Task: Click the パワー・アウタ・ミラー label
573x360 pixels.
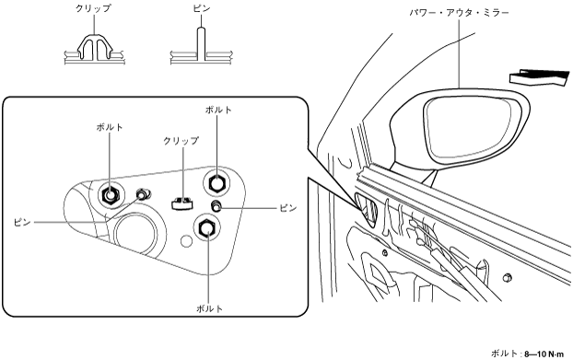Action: tap(459, 13)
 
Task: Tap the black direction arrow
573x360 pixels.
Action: tap(540, 77)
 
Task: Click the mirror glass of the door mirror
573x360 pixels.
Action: tap(468, 127)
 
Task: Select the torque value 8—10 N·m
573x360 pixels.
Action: tap(544, 354)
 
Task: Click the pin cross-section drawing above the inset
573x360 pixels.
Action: tap(201, 48)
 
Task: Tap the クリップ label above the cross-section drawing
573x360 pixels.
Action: tap(93, 8)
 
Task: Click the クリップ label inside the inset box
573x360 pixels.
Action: tap(181, 141)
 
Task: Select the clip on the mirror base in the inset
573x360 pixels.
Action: tap(182, 203)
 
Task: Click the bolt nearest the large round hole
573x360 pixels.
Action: tap(110, 195)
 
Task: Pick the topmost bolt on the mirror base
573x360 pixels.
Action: tap(216, 181)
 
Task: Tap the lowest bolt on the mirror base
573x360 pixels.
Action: tap(207, 227)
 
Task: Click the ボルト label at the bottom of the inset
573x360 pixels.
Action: tap(209, 308)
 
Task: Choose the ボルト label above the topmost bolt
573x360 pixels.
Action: tap(218, 110)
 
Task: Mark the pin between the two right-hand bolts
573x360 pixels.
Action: tap(216, 205)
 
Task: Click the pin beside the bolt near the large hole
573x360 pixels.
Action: tap(142, 193)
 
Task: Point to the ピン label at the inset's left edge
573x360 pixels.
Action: tap(22, 222)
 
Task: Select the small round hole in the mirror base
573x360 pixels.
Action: tap(186, 241)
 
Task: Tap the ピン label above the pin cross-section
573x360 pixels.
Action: tap(202, 8)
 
